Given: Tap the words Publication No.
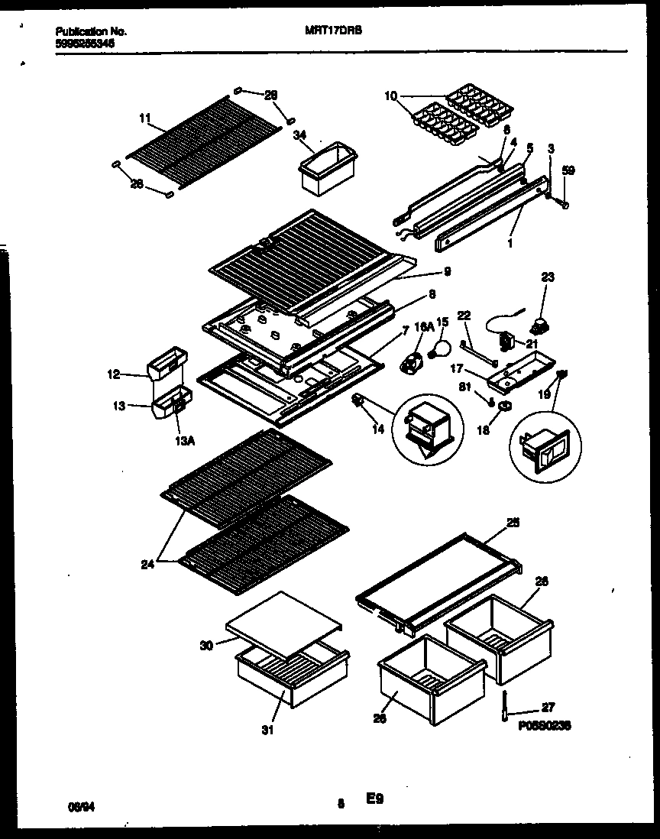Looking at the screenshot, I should [x=91, y=32].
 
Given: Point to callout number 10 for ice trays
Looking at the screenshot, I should [x=390, y=96].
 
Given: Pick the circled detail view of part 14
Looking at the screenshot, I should [x=428, y=429].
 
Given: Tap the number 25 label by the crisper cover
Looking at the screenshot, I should [x=513, y=523].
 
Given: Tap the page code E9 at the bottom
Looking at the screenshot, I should [x=374, y=800].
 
